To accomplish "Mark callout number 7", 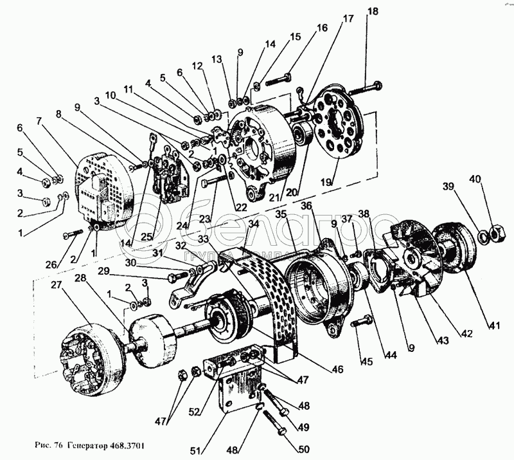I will pos(40,120).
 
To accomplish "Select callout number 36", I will pos(306,206).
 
